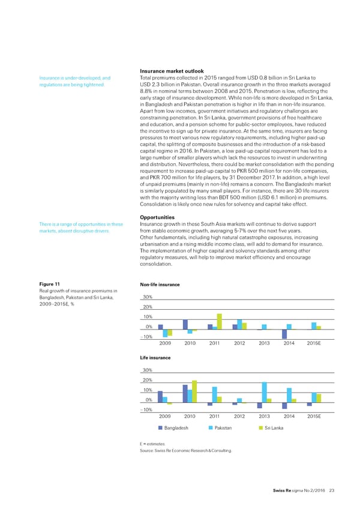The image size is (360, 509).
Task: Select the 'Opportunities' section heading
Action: pyautogui.click(x=157, y=234)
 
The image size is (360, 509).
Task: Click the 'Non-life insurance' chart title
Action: pyautogui.click(x=159, y=285)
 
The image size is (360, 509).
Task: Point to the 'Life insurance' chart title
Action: pyautogui.click(x=155, y=357)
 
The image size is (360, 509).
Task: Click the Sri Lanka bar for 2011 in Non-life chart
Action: pyautogui.click(x=220, y=321)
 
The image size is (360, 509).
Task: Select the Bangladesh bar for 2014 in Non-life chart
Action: pyautogui.click(x=284, y=334)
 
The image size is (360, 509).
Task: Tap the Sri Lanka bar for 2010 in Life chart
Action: pyautogui.click(x=194, y=391)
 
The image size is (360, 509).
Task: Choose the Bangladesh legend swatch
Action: pyautogui.click(x=161, y=427)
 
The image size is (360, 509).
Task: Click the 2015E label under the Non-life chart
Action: pyautogui.click(x=314, y=343)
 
